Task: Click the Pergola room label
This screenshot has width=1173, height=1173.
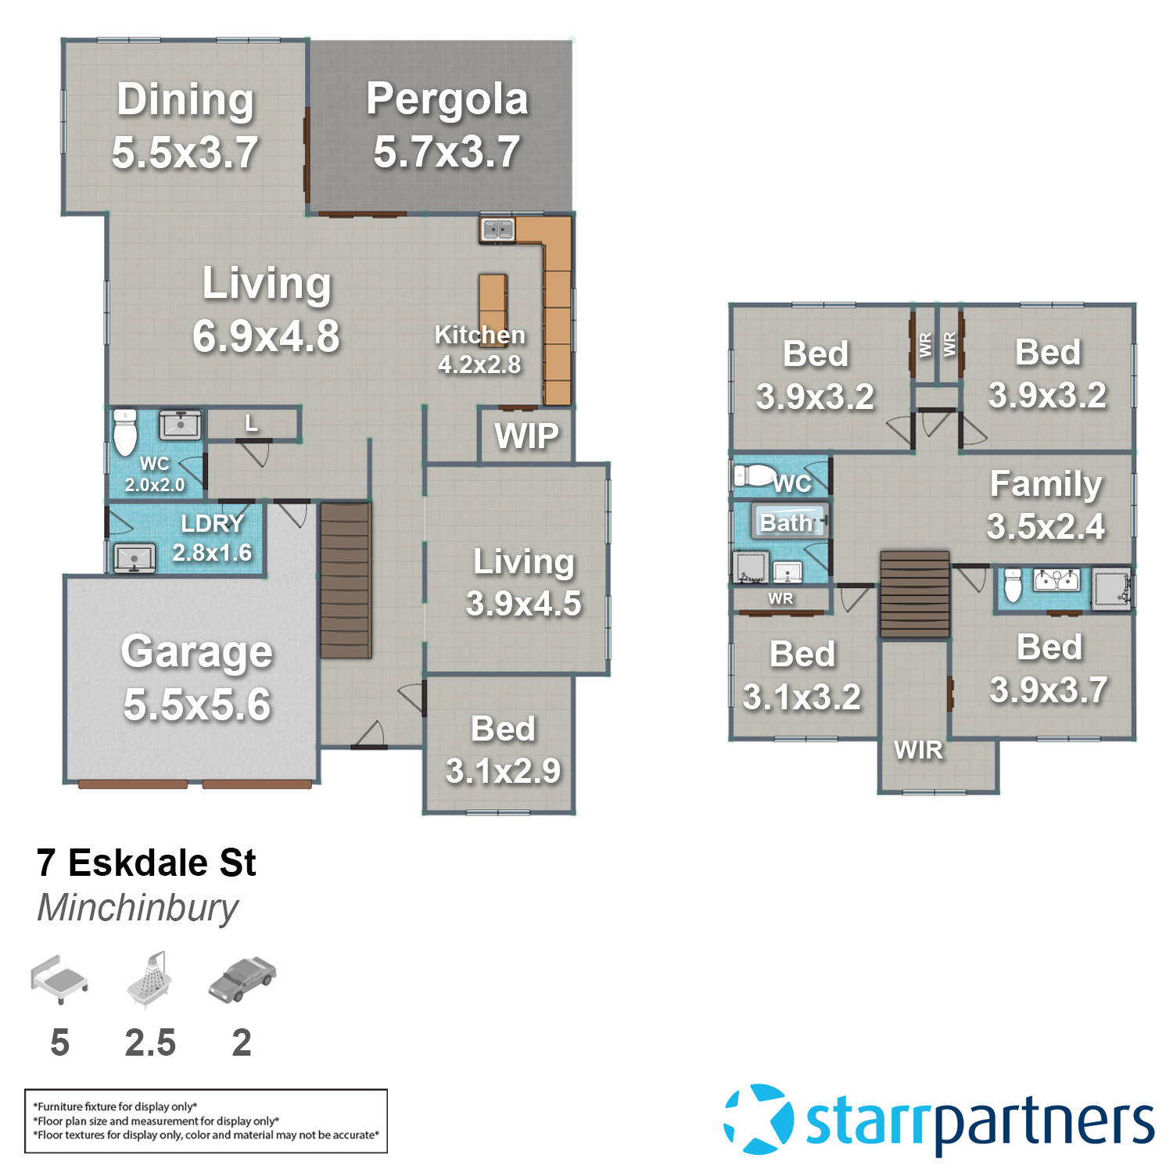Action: coord(447,99)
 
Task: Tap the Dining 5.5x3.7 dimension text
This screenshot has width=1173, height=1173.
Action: coord(185,152)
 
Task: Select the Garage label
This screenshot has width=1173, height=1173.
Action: coord(196,651)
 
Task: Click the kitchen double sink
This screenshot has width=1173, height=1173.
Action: coord(497,230)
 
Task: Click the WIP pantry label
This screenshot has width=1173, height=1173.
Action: coord(526,436)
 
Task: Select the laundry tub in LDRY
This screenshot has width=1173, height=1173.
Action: coord(134,558)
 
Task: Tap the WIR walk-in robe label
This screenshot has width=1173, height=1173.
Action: coord(918,750)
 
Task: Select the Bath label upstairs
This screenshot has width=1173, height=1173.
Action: coord(787,522)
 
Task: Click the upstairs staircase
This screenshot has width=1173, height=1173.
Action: coord(915,594)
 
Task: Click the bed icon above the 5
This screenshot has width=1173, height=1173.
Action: coord(59,978)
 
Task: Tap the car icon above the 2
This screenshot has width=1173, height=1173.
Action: coord(242,979)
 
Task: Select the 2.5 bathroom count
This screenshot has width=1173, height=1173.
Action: coord(150,1042)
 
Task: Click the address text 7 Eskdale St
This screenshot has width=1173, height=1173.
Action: coord(146,863)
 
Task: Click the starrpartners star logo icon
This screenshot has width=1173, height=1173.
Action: coord(758,1119)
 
